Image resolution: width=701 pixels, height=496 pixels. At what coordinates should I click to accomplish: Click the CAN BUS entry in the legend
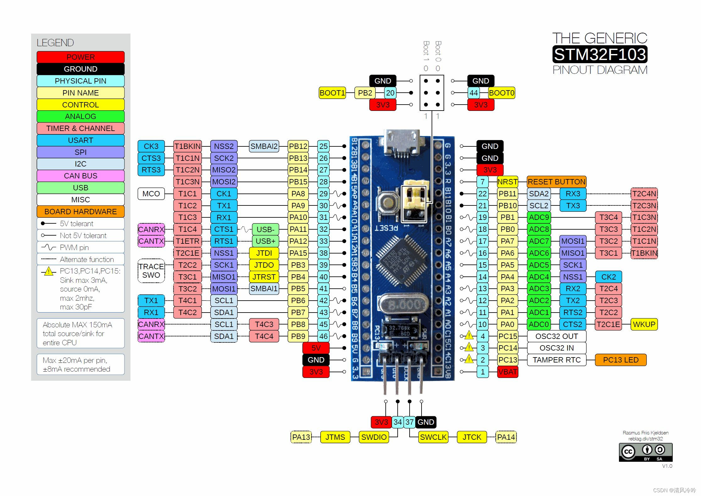coord(80,176)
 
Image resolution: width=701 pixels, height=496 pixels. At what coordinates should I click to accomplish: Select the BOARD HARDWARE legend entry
coord(80,211)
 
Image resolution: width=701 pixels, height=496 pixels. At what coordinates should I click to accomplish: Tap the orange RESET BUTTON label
coord(556,182)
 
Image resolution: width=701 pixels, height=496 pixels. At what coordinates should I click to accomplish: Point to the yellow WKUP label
coord(644,324)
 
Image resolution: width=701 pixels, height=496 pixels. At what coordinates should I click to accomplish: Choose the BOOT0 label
coord(501,93)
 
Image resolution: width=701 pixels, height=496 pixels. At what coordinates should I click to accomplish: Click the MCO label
coord(151,193)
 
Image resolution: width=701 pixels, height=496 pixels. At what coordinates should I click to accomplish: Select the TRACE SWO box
coord(151,270)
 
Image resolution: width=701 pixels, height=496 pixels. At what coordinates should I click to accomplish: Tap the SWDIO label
coord(373,437)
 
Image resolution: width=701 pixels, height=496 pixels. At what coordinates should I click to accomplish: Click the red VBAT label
coord(507,372)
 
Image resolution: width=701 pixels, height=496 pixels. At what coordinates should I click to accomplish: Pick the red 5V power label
coord(316,348)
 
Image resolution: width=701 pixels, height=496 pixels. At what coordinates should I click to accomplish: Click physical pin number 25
coord(323,146)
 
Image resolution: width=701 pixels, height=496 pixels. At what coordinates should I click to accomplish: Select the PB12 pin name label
coord(298,146)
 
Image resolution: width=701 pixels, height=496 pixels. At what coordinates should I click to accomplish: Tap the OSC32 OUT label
coord(556,336)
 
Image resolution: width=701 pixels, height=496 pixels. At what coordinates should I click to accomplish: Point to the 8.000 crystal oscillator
coord(403,304)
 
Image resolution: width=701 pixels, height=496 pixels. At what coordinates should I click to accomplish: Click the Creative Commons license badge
coord(645,452)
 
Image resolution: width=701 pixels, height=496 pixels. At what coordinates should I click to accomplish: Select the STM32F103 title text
coord(599,54)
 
